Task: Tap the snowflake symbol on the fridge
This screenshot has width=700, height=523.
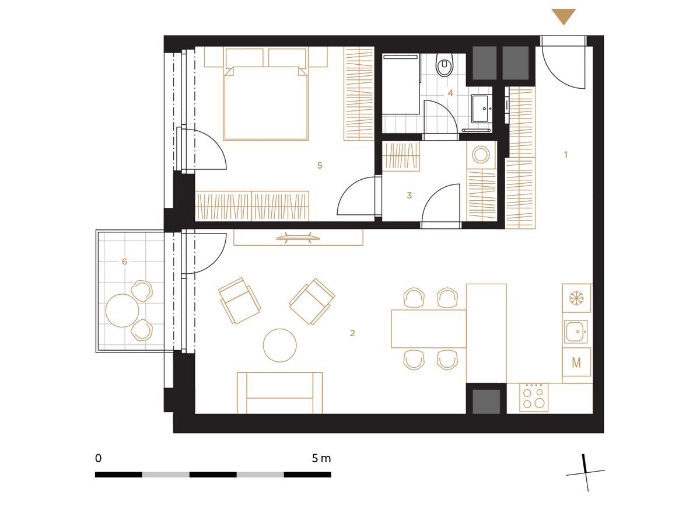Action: click(576, 298)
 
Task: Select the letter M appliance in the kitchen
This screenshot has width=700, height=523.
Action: click(576, 362)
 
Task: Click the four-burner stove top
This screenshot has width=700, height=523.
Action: click(534, 398)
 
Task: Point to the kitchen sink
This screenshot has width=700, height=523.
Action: click(575, 332)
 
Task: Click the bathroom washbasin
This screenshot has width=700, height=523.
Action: click(480, 109)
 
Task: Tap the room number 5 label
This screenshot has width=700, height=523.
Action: click(320, 165)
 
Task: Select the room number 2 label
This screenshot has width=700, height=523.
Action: click(352, 333)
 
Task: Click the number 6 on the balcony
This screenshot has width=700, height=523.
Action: click(124, 261)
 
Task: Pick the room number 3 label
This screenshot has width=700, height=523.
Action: click(409, 196)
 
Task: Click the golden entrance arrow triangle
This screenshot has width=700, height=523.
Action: click(563, 16)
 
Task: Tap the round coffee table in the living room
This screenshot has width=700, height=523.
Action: click(279, 346)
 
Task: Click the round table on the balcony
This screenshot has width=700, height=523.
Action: click(122, 311)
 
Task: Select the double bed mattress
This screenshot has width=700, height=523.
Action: click(265, 103)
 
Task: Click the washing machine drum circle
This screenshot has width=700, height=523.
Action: click(481, 155)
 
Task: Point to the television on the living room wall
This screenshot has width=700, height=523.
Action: click(298, 238)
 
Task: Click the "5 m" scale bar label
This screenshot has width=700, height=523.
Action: click(321, 459)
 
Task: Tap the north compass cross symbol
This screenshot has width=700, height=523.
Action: click(586, 473)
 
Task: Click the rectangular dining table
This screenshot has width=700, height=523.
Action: click(428, 329)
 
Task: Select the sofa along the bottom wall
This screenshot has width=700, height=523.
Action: click(279, 393)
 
